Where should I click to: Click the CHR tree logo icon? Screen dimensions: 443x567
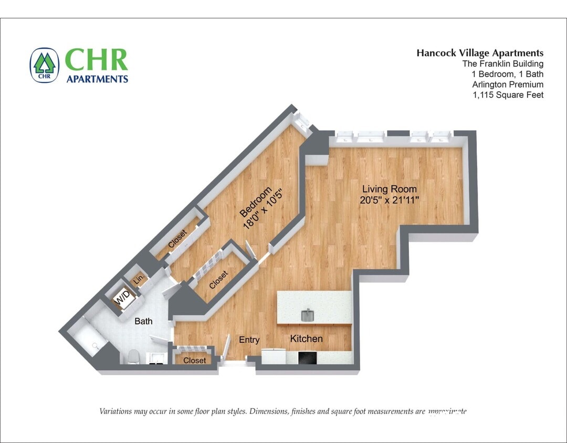click(x=45, y=65)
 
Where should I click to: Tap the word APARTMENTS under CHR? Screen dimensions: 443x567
click(x=97, y=79)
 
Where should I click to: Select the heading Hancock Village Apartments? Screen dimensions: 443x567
click(x=480, y=52)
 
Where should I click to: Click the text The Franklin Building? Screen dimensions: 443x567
click(x=502, y=64)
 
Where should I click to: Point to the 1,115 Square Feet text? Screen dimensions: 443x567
click(x=508, y=95)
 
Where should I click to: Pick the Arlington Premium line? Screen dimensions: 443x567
click(x=507, y=85)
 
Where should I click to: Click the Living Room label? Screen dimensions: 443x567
click(x=389, y=189)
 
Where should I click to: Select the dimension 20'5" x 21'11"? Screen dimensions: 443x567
click(x=389, y=200)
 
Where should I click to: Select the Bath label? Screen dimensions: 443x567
click(x=143, y=321)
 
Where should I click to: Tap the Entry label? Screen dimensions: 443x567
click(x=249, y=340)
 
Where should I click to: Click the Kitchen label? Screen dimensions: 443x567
click(x=306, y=339)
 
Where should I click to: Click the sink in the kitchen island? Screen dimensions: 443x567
click(x=307, y=315)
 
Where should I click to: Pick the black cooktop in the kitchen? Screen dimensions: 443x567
click(x=307, y=357)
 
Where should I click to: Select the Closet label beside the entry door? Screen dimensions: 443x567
click(x=195, y=361)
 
